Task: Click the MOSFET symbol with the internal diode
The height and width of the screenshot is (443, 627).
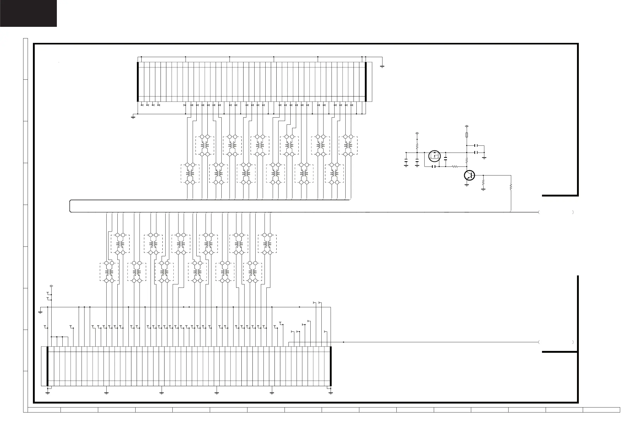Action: [435, 156]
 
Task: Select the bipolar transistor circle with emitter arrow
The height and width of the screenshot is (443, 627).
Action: [469, 175]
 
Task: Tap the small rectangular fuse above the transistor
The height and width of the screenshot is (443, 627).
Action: [467, 135]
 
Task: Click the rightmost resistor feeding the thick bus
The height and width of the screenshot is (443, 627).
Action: [511, 187]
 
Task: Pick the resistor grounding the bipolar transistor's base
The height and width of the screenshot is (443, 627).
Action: [483, 182]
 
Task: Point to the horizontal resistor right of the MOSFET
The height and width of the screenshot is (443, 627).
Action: [455, 167]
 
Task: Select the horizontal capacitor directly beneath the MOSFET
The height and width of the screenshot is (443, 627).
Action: [433, 167]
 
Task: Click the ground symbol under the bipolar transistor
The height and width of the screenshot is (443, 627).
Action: [467, 186]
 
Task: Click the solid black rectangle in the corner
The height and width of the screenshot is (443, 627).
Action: [28, 13]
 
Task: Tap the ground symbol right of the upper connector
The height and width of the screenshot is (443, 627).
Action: [382, 67]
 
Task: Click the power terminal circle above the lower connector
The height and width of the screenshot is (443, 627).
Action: [51, 286]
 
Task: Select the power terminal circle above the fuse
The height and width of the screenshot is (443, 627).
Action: [467, 126]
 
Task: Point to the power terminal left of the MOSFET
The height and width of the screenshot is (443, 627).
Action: [417, 133]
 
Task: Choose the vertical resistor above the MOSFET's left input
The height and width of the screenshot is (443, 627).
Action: [417, 146]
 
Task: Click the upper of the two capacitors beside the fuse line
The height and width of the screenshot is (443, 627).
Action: [476, 145]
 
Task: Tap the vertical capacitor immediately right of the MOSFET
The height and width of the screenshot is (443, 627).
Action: [446, 158]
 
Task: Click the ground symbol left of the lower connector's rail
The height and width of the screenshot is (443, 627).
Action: [41, 312]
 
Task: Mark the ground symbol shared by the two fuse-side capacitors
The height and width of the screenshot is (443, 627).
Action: [484, 158]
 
